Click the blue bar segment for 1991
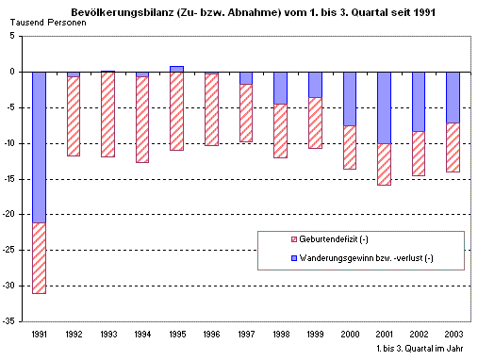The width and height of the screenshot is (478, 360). pyautogui.click(x=39, y=146)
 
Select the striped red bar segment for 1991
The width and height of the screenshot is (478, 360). pyautogui.click(x=39, y=257)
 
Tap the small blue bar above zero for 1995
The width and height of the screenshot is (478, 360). pyautogui.click(x=177, y=69)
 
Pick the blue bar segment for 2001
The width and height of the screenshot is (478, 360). pyautogui.click(x=384, y=107)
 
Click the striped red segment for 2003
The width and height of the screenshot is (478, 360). pyautogui.click(x=453, y=147)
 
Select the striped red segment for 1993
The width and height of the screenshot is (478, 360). pyautogui.click(x=108, y=114)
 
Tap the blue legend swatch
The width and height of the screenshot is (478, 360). pyautogui.click(x=267, y=257)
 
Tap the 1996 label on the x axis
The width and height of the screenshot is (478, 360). pyautogui.click(x=211, y=334)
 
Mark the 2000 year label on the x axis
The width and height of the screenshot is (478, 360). pyautogui.click(x=349, y=334)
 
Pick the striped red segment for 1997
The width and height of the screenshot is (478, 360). pyautogui.click(x=246, y=113)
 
